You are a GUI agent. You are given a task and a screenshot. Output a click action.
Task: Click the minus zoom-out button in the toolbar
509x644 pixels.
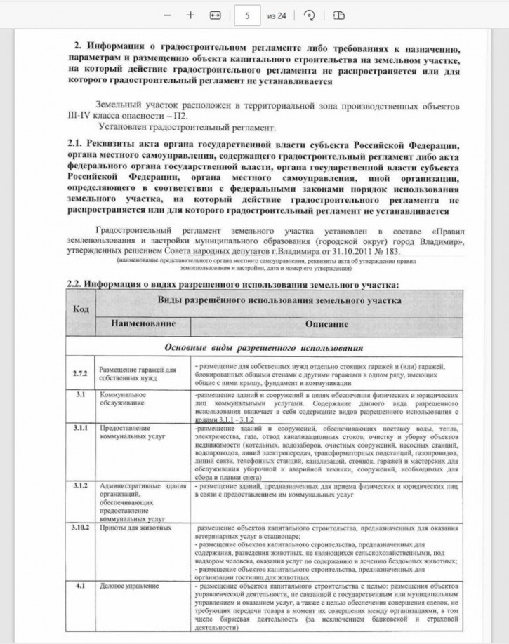tap(167, 15)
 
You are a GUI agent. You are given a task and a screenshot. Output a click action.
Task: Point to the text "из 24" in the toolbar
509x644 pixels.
tap(277, 15)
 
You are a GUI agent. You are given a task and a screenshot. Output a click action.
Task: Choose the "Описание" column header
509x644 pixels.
tap(326, 326)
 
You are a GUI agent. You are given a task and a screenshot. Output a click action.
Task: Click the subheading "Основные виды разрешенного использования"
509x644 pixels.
tap(263, 347)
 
